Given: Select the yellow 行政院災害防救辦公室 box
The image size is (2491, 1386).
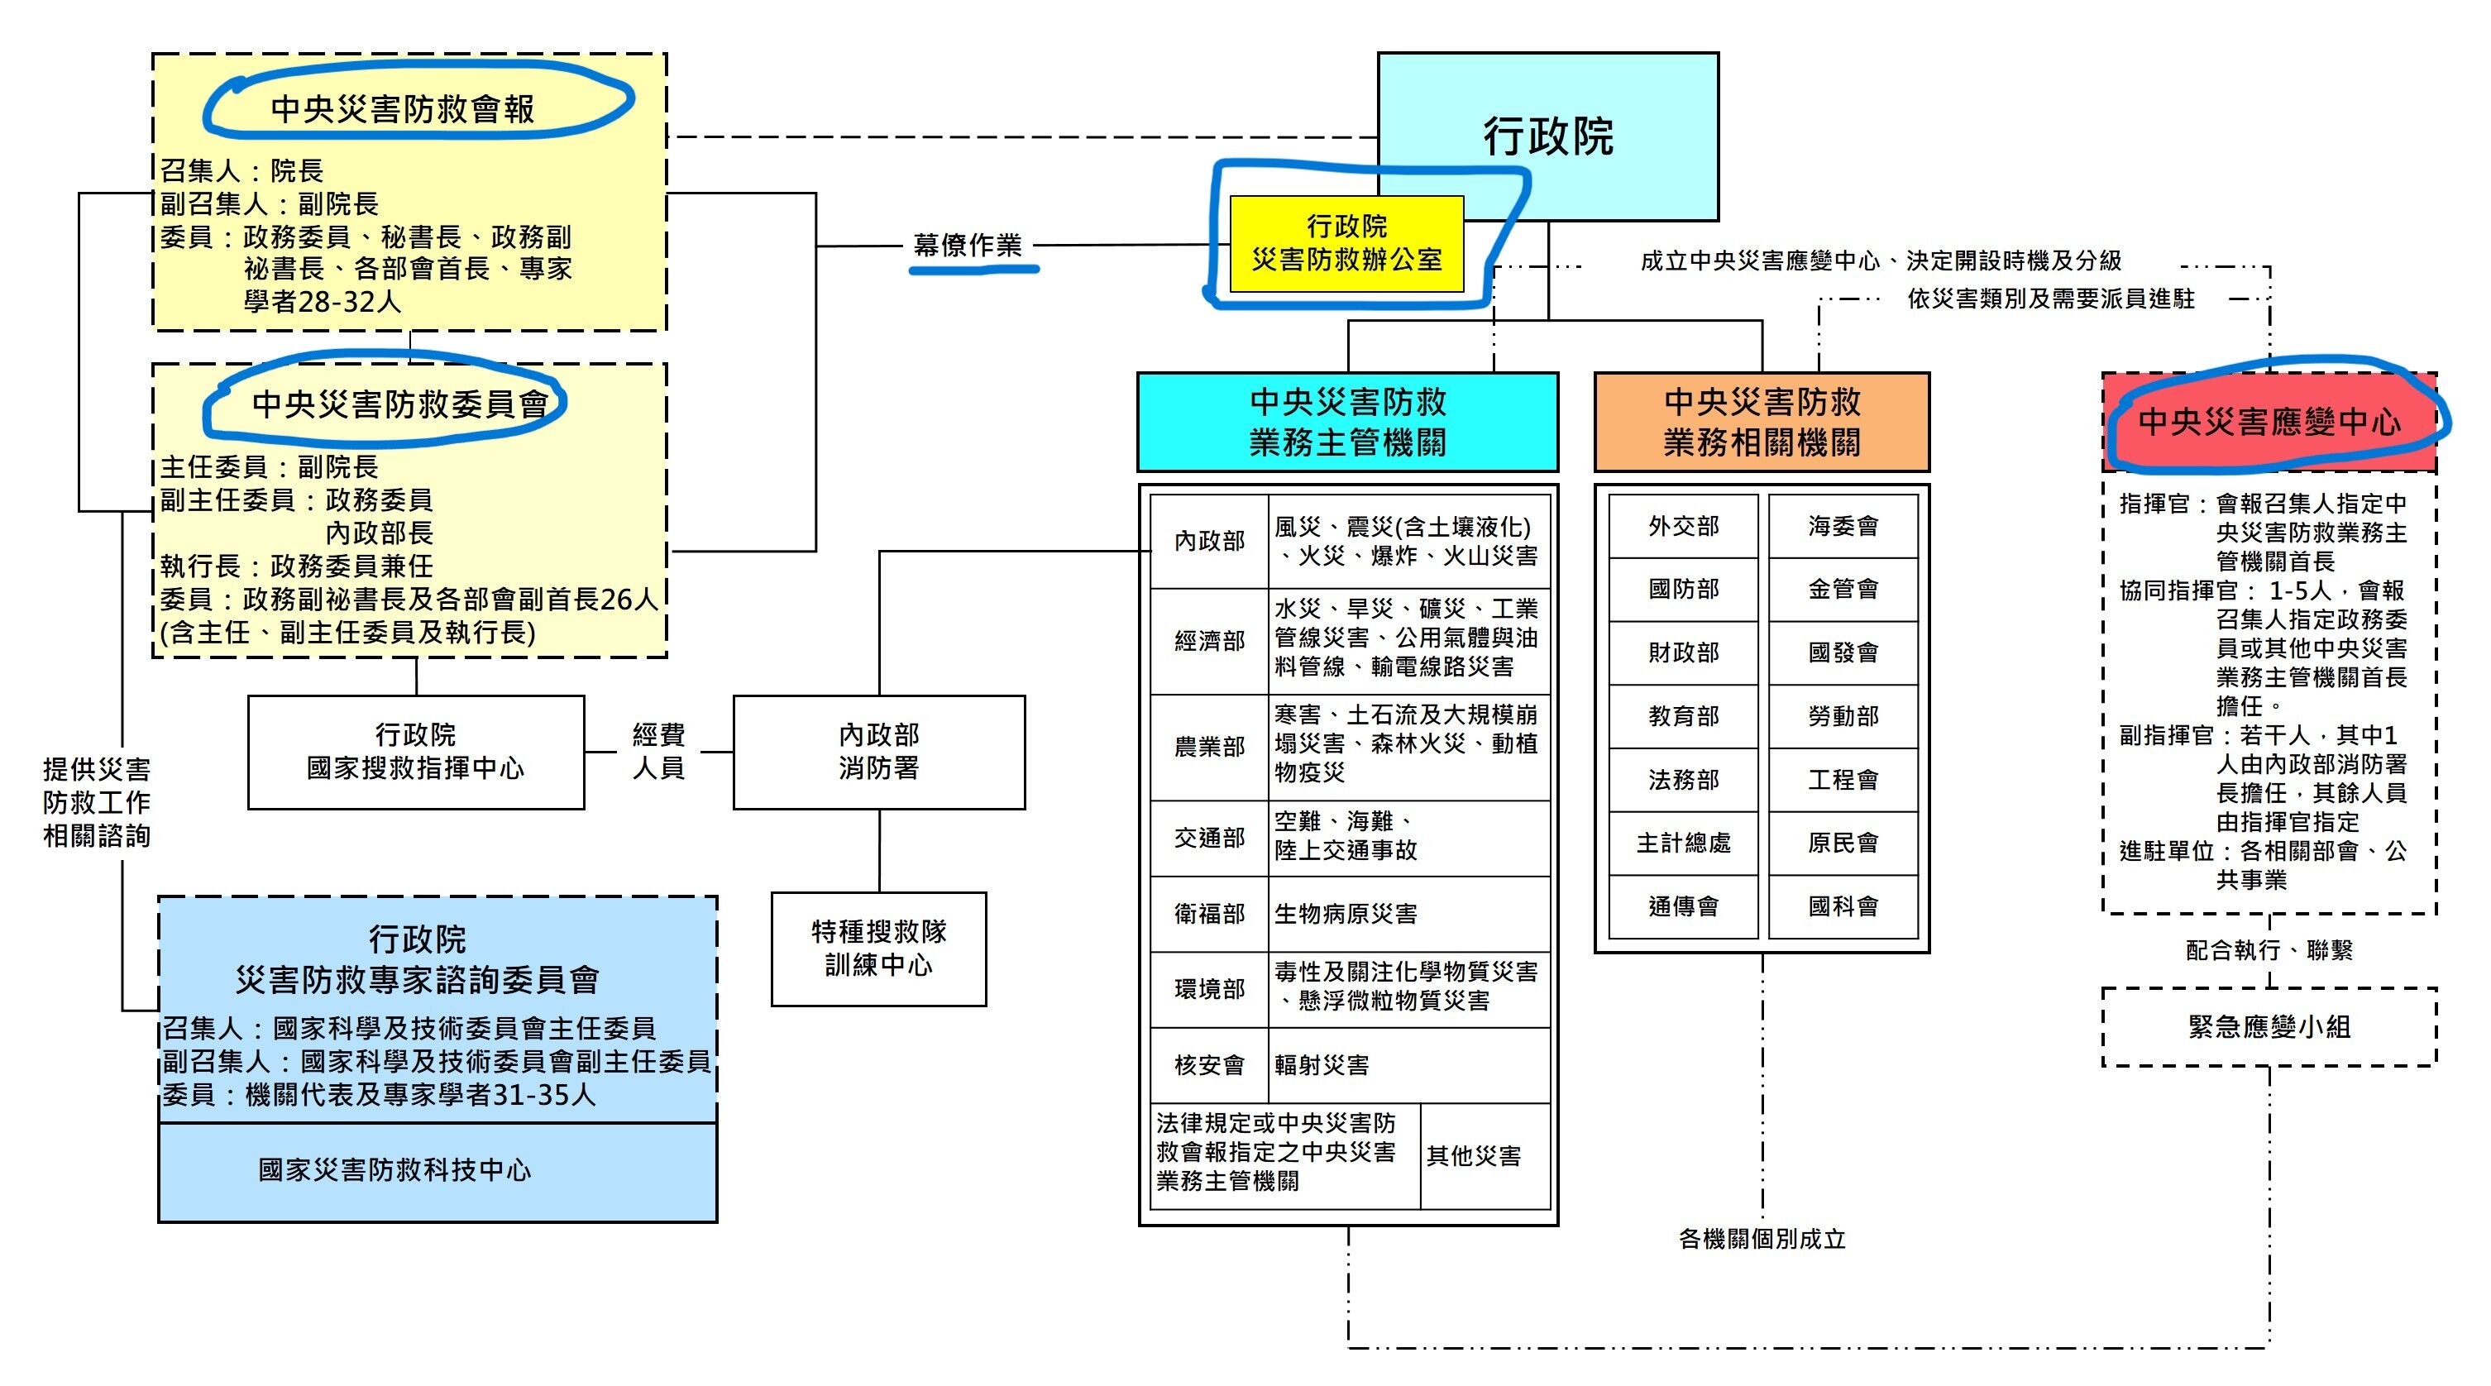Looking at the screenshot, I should click(1346, 243).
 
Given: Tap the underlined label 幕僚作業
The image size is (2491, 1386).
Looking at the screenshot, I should click(967, 246).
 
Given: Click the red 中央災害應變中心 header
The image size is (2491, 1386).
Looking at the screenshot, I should click(2269, 422).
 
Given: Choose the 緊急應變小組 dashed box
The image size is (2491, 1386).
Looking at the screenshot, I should click(2269, 1026).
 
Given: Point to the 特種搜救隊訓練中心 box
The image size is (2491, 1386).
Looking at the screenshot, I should click(878, 949).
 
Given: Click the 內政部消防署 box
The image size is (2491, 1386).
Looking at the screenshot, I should click(878, 752).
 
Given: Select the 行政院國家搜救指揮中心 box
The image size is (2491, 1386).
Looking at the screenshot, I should click(416, 752).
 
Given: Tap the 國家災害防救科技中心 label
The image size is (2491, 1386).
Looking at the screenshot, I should click(394, 1170).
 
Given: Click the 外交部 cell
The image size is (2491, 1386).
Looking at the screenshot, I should click(1684, 526).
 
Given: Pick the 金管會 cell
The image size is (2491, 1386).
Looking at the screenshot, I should click(1843, 589).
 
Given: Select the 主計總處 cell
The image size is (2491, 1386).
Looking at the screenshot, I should click(1684, 844).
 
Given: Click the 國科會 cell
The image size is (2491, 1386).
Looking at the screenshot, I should click(1843, 906).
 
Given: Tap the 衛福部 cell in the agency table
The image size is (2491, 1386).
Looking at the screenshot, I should click(1209, 914).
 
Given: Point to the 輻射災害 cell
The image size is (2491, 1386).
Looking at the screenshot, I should click(1410, 1065).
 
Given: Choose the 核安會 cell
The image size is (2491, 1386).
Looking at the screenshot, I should click(1209, 1065).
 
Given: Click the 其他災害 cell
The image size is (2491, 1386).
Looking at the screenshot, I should click(1485, 1156).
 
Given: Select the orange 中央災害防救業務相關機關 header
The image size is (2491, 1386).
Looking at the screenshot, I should click(1761, 422).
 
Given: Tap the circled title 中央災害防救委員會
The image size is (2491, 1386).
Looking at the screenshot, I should click(399, 404).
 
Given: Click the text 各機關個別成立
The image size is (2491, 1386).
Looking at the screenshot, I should click(1762, 1239).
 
